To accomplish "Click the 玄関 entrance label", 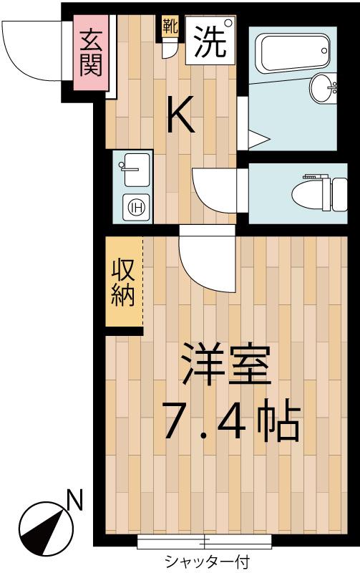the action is pos(91,53).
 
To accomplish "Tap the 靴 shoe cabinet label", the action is pos(170,27).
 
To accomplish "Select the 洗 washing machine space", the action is pos(210,40).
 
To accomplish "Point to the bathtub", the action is pos(293,53).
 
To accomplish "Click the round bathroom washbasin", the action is pos(323,87).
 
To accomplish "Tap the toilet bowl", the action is pos(319,194).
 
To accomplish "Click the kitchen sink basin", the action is pos(136,170).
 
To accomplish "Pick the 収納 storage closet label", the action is pos(123,283).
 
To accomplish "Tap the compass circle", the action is pos(47,529).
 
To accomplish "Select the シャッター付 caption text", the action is pos(207,561).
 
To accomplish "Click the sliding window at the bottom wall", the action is pos(205,541).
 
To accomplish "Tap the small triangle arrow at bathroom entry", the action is pos(258,139).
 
